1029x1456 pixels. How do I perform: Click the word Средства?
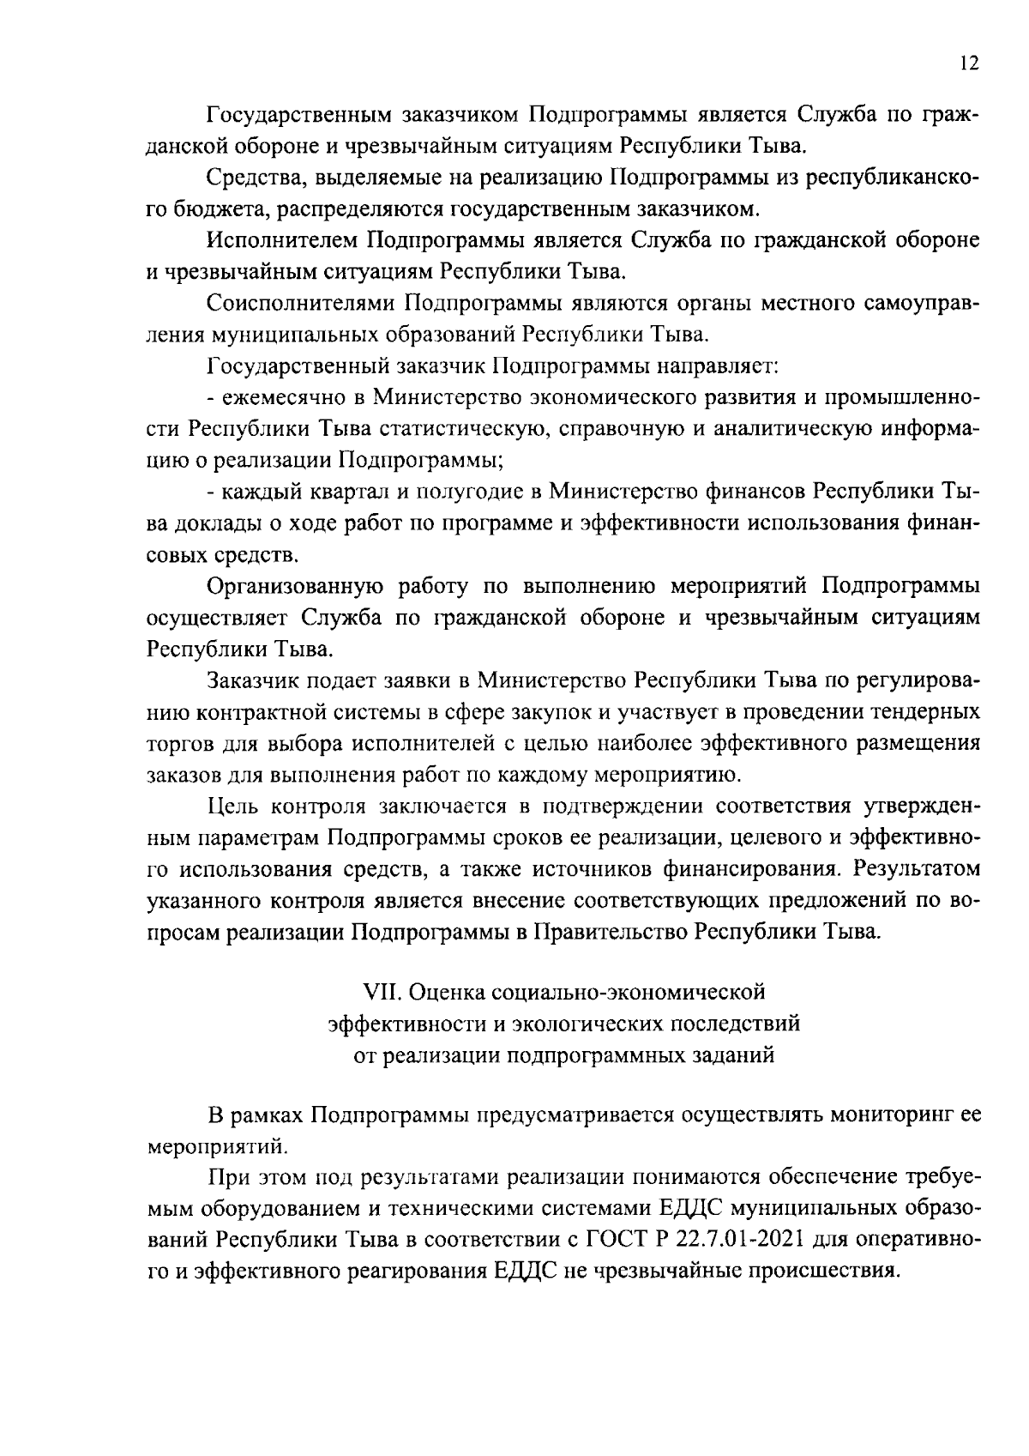[x=251, y=178]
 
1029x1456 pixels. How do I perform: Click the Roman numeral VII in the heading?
[x=382, y=993]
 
